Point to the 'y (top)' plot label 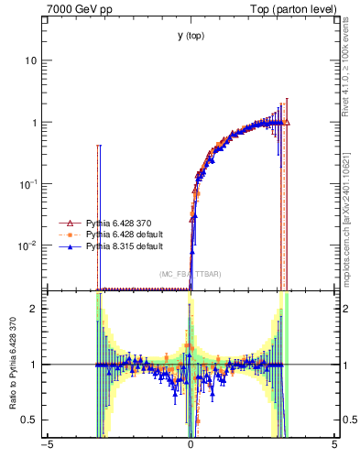point(191,36)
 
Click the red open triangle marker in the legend point(67,223)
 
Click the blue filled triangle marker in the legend point(67,246)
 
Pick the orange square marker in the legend point(67,234)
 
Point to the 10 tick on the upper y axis point(30,60)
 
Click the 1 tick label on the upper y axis point(33,123)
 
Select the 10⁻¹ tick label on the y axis point(27,184)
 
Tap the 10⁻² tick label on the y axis point(27,245)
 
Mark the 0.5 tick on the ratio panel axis point(28,420)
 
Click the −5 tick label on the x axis point(47,446)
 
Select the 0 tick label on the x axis point(191,446)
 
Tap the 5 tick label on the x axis point(334,446)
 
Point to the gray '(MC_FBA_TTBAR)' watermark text point(190,275)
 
